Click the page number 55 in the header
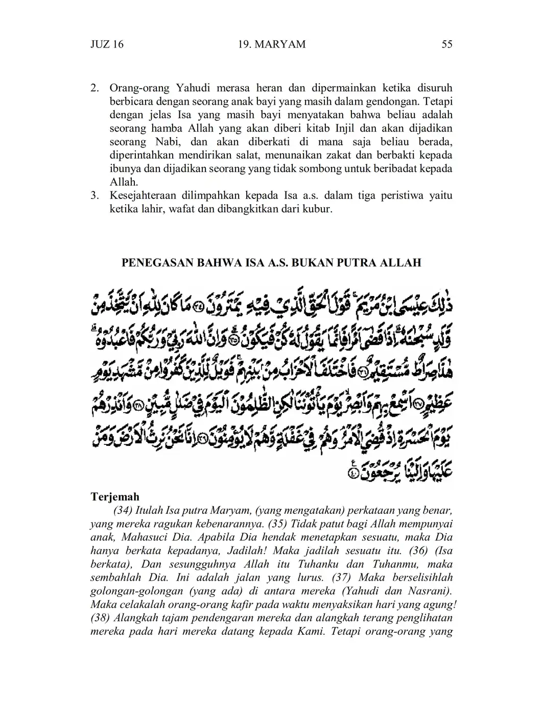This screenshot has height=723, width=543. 446,44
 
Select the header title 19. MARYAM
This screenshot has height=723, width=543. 272,44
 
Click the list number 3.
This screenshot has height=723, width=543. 95,195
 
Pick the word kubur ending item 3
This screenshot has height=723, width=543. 318,209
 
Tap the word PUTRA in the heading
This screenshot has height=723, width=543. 356,263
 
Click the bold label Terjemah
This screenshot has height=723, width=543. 115,497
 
